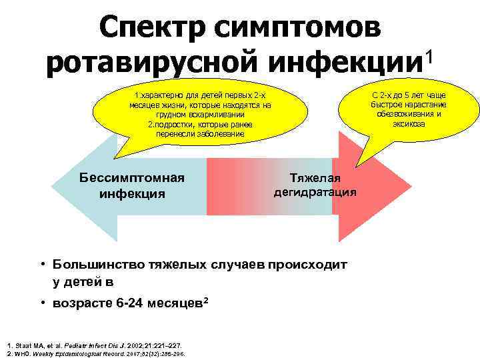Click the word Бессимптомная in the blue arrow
[131, 179]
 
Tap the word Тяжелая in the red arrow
[315, 178]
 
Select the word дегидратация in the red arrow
[315, 192]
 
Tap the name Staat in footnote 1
[21, 345]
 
